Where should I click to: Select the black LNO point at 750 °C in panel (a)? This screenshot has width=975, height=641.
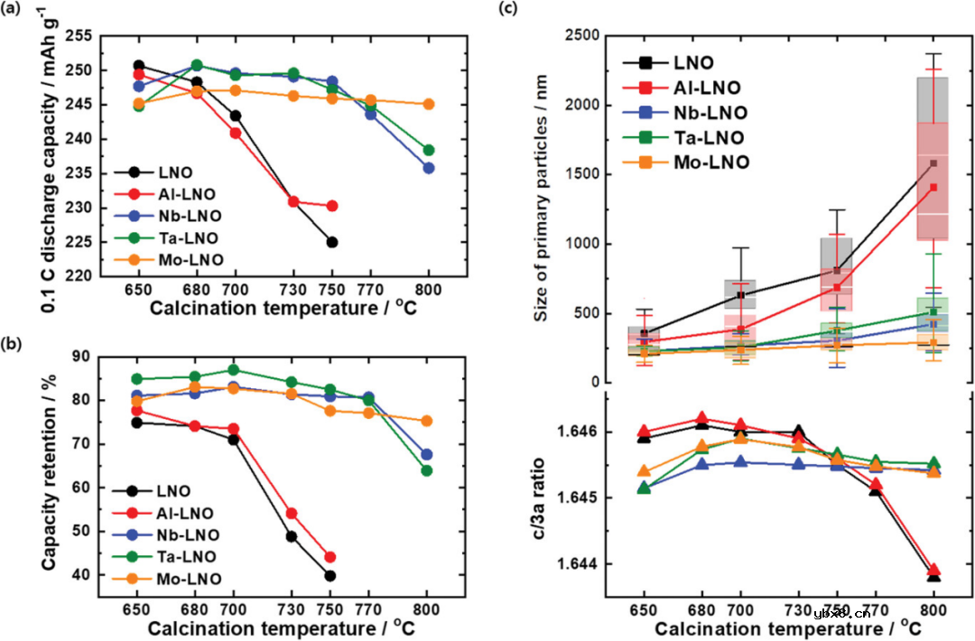pyautogui.click(x=332, y=242)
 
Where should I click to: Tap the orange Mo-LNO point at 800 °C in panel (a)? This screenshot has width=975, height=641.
pyautogui.click(x=429, y=104)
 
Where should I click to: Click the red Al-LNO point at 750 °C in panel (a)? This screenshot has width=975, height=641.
pyautogui.click(x=332, y=206)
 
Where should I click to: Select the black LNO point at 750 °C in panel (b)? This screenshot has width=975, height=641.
pyautogui.click(x=330, y=576)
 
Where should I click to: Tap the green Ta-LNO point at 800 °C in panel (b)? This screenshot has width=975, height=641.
pyautogui.click(x=428, y=470)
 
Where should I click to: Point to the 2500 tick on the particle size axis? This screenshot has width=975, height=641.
pyautogui.click(x=586, y=35)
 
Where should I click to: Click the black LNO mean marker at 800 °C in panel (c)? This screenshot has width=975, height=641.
pyautogui.click(x=933, y=164)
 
